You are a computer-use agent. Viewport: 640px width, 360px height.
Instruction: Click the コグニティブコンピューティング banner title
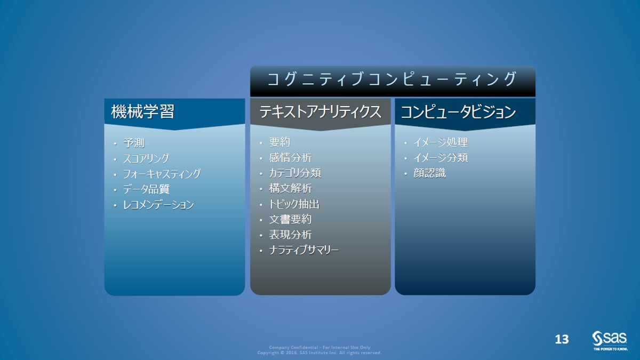pos(392,79)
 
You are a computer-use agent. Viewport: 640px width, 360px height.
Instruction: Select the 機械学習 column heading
pos(142,111)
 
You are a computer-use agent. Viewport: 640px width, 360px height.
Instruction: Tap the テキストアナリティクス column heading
pos(321,111)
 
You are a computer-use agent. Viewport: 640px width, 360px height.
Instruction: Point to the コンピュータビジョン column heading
pos(458,111)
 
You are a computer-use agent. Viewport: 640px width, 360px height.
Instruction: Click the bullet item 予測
pos(134,143)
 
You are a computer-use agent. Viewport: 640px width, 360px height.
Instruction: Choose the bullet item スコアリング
pos(146,158)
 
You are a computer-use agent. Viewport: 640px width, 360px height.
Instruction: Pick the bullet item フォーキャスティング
pos(162,174)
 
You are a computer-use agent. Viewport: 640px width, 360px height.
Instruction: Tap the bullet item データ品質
pos(146,189)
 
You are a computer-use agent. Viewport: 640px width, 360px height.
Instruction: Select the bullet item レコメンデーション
pos(158,205)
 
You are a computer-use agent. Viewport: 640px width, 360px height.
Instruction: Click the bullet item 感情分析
pos(290,158)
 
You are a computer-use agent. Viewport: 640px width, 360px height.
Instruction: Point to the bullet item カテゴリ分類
pos(295,173)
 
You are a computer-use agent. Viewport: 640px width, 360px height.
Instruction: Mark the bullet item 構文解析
pos(290,189)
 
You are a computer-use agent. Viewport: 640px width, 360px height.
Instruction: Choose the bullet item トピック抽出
pos(294,204)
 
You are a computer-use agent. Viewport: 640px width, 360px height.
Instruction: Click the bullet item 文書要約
pos(290,219)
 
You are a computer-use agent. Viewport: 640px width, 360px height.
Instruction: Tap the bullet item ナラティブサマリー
pos(304,250)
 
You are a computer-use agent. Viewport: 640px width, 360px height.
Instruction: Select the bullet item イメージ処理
pos(441,142)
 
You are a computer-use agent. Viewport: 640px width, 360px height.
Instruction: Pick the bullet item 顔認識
pos(429,173)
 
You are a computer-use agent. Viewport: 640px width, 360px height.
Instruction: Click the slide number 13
pos(562,339)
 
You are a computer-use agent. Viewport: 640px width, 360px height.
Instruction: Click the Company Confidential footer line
pos(319,347)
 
